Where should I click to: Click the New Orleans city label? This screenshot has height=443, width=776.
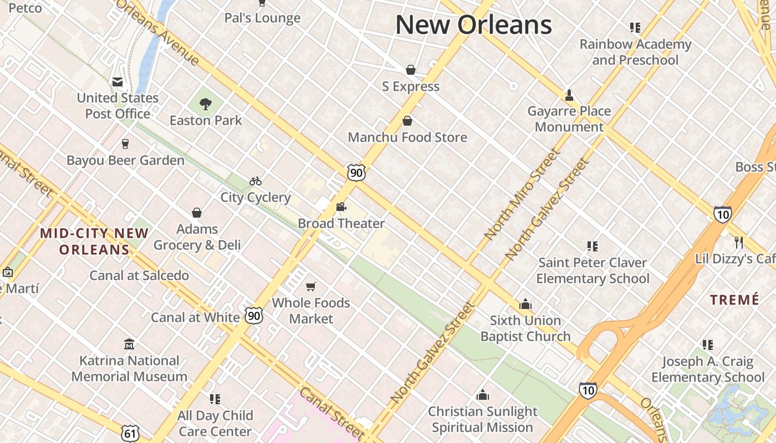click(x=473, y=25)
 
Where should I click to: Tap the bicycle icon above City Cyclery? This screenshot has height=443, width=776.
click(x=255, y=181)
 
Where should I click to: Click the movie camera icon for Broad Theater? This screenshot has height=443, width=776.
click(x=341, y=207)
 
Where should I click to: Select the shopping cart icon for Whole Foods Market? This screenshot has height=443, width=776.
click(x=311, y=286)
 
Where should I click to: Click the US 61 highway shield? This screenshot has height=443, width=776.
click(x=130, y=433)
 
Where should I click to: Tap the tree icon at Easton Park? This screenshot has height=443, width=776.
click(x=206, y=104)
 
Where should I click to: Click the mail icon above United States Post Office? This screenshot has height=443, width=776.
click(x=118, y=82)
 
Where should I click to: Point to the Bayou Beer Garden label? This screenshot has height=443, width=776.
click(x=125, y=161)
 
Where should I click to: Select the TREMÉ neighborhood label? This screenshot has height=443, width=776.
click(x=734, y=300)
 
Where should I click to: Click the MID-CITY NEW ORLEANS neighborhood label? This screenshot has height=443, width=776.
click(x=94, y=241)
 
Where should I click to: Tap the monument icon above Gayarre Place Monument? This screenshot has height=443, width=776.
click(x=569, y=95)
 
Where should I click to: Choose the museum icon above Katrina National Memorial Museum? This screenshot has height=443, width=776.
click(x=129, y=344)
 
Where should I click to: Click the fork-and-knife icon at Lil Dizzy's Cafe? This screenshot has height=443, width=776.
click(x=738, y=242)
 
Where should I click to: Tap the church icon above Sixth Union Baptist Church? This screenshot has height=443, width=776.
click(x=525, y=304)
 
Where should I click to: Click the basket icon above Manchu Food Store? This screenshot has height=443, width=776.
click(x=407, y=121)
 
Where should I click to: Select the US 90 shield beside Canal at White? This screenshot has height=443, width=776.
click(x=254, y=316)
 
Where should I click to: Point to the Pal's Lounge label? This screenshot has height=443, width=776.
click(x=262, y=18)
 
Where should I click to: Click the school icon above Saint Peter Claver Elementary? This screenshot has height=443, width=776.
click(x=592, y=246)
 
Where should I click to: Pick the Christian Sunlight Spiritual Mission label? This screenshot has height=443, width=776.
click(x=482, y=419)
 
